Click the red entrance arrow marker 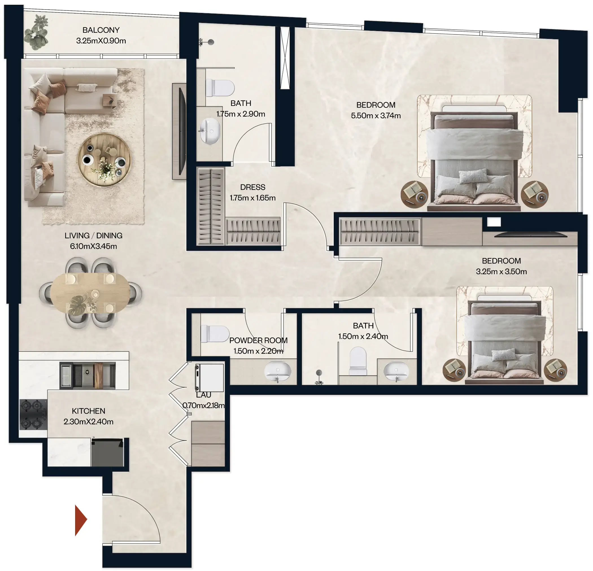[x=80, y=520]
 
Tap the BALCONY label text [x=101, y=30]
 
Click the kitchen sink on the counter [x=88, y=375]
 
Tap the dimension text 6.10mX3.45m [x=93, y=246]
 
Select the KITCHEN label [x=88, y=411]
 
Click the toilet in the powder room [x=215, y=334]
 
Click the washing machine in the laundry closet [x=209, y=378]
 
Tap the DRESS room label [x=253, y=187]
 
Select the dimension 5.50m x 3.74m [x=376, y=115]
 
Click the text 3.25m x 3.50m [x=501, y=271]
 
